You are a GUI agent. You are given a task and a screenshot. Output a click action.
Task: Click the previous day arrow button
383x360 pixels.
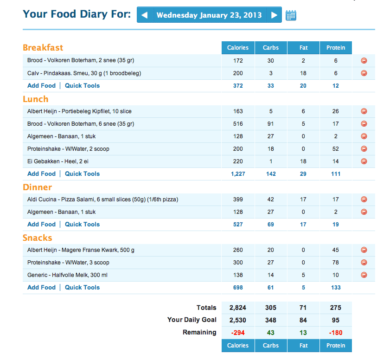click(144, 15)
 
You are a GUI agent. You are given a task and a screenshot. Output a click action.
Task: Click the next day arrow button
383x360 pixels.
click(274, 15)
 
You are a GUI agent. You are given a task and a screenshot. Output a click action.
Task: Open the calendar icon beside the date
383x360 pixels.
click(291, 15)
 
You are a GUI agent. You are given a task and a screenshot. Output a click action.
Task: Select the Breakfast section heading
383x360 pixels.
click(43, 47)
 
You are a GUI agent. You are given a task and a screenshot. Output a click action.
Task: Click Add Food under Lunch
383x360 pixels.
click(41, 174)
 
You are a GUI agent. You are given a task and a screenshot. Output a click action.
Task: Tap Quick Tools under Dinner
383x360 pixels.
click(82, 224)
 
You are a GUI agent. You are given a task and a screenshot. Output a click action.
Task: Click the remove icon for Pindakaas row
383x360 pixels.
click(364, 73)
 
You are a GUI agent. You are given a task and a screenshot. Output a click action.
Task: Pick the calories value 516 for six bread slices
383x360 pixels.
click(238, 124)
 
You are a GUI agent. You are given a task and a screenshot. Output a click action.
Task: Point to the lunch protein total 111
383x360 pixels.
click(336, 174)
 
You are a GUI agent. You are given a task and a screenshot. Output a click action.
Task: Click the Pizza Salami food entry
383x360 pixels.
click(102, 199)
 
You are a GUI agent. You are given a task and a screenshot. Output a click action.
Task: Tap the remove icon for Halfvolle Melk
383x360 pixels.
click(364, 275)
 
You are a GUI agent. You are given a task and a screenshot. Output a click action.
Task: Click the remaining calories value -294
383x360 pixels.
click(238, 332)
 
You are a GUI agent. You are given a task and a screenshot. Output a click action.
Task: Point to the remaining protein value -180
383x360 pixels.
click(336, 332)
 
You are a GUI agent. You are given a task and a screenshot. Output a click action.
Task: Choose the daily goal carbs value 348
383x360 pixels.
click(271, 320)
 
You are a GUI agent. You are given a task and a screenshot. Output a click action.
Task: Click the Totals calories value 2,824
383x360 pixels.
click(238, 308)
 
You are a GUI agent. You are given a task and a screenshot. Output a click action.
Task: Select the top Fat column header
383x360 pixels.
click(303, 48)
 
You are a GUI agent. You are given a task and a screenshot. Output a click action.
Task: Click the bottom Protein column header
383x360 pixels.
click(336, 345)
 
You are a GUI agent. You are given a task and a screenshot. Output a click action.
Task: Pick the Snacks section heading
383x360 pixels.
click(37, 238)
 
